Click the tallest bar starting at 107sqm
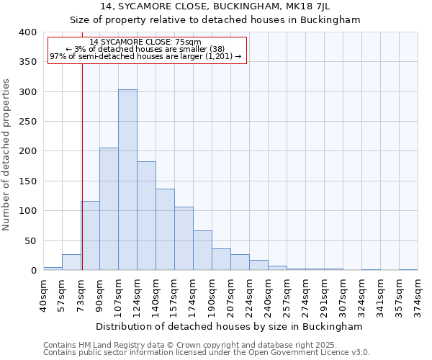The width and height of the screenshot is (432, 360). pos(127,180)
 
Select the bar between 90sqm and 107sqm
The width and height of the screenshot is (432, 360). pos(109,209)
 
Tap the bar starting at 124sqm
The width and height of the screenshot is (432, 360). pos(146,216)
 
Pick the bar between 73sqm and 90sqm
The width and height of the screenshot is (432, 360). pos(90,235)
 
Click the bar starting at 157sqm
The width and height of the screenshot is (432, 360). pos(184,238)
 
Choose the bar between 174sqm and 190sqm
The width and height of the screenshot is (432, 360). pos(202,251)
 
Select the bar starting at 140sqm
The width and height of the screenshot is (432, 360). pos(165,229)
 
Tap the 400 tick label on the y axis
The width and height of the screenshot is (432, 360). pos(27,32)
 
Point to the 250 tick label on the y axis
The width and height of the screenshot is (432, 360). pos(27,122)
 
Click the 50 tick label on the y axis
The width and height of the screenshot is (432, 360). pos(30,240)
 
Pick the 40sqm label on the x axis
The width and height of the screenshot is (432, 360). pos(43,294)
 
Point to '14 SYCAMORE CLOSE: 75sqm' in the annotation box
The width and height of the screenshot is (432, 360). pos(145,42)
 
